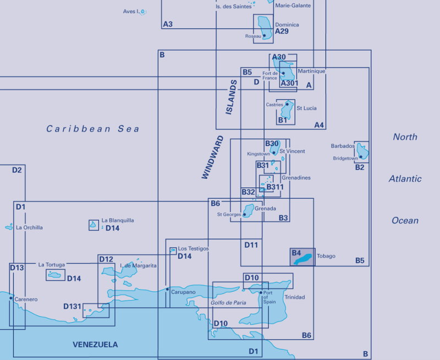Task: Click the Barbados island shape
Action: coord(362,150)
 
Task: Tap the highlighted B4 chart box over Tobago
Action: coord(302,257)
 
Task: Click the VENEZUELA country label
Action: coord(95,345)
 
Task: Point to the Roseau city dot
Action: coord(265,36)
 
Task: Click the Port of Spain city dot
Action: coord(261,293)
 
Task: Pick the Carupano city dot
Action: coord(167,288)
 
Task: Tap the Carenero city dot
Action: coord(10,297)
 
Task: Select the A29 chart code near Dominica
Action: coord(282,31)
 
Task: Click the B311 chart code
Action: coord(274,187)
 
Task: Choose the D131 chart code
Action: coord(73,306)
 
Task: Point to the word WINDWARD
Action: coord(212,157)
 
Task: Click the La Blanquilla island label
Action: coord(118,220)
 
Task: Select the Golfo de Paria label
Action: coord(228,303)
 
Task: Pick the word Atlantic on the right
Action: coord(405,178)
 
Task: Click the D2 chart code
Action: coord(17,170)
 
